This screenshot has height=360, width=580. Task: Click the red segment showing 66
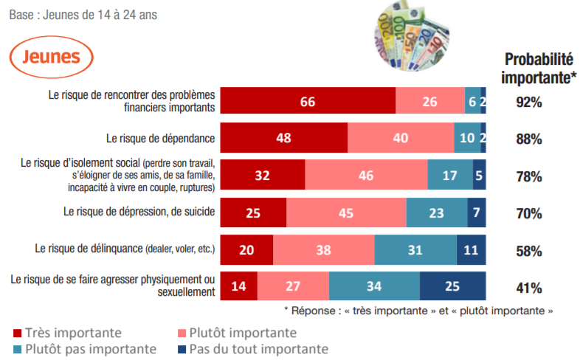308,102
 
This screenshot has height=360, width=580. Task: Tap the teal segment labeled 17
450,176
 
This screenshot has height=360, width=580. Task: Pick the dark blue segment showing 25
452,287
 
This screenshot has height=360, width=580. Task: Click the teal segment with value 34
374,287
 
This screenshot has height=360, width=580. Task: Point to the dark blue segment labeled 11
471,250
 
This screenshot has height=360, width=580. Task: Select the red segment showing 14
239,287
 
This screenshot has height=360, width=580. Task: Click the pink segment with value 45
346,213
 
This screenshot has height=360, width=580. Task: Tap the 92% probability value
529,103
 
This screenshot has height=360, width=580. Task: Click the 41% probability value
529,288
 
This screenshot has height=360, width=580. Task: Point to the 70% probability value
529,214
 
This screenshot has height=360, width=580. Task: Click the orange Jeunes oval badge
52,57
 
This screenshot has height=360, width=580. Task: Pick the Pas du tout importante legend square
180,349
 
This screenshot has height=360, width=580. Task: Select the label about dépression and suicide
139,212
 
